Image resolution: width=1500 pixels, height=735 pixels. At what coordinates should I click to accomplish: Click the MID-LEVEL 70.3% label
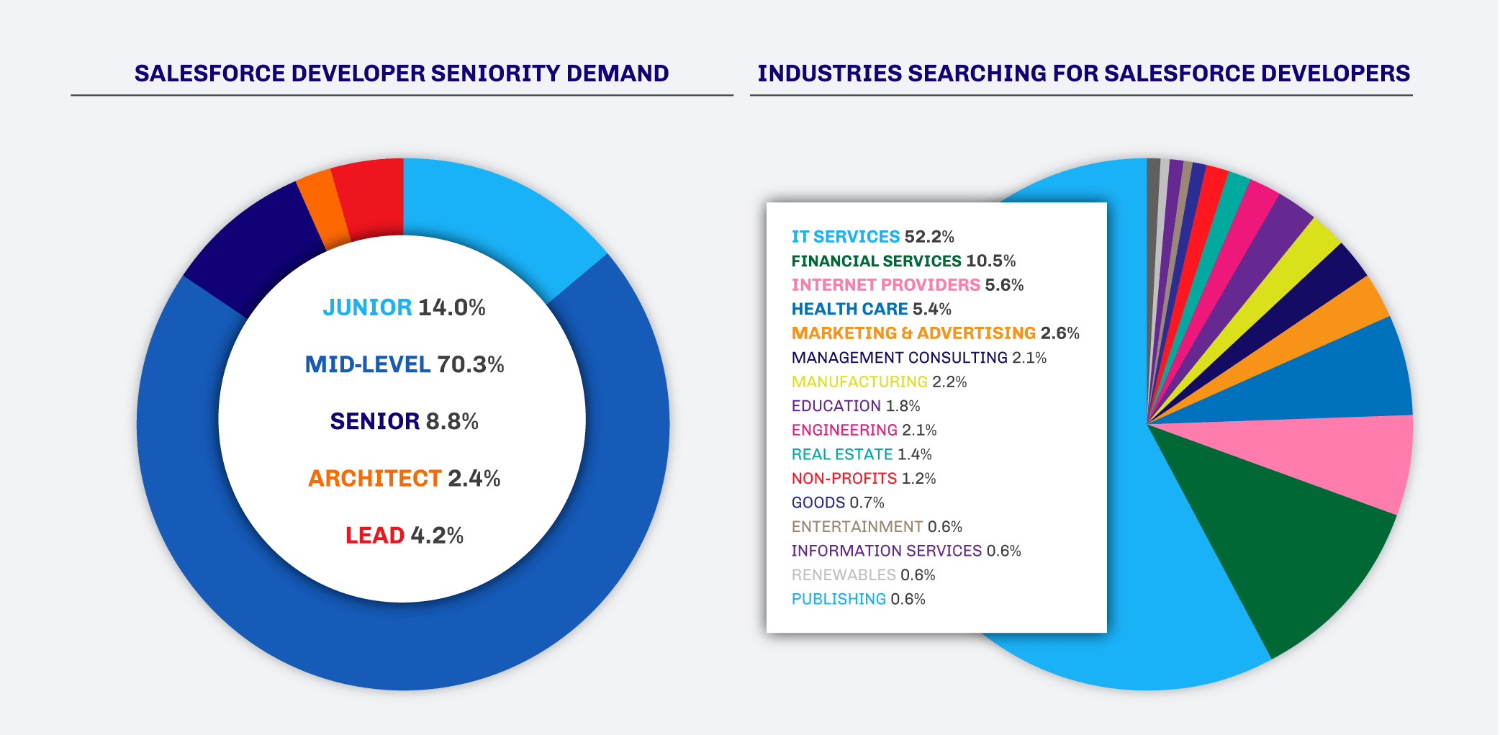coord(405,364)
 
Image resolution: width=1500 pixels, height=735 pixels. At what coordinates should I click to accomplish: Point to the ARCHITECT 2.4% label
coord(405,478)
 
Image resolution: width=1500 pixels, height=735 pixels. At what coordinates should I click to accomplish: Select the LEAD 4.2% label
coord(405,535)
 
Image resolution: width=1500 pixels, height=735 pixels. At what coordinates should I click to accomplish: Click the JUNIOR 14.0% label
coord(405,307)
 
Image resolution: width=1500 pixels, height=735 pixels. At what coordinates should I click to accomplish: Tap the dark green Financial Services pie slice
coord(1281,547)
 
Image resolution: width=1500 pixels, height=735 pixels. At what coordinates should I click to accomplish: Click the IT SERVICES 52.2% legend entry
coord(872,237)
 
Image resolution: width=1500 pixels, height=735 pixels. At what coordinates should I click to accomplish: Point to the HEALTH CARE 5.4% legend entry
coord(871,310)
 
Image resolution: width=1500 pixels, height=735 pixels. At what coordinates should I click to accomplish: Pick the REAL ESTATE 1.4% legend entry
coord(862,454)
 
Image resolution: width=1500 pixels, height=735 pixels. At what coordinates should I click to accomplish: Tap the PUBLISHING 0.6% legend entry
coord(858,599)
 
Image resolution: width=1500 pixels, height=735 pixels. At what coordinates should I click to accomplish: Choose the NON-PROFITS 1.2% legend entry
coord(864,479)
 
